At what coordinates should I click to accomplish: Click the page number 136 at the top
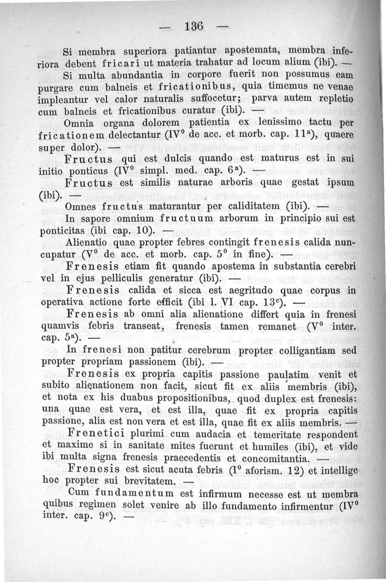[193, 26]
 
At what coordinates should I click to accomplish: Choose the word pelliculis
[137, 279]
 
